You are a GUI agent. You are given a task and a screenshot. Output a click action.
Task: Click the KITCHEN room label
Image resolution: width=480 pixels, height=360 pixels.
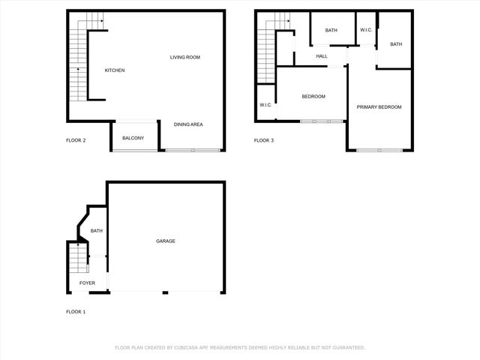point(114,70)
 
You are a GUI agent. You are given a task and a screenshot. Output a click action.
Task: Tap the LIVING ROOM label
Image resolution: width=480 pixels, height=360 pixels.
point(184,58)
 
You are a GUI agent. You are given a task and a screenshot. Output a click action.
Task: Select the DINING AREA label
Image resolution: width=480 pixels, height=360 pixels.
point(188,124)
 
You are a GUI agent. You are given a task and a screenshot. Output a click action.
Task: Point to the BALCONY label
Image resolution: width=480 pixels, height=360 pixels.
point(133,138)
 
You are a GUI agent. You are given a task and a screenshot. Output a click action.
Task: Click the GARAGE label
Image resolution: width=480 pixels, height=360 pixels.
point(166,241)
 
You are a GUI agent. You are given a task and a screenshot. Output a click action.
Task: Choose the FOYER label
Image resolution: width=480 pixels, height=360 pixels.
point(88,283)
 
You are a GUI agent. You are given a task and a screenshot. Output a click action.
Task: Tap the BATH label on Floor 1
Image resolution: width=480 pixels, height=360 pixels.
point(96,231)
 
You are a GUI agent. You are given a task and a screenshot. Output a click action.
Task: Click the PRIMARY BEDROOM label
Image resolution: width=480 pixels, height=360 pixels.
point(379,107)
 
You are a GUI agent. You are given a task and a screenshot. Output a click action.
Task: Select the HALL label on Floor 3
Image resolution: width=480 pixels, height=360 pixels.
point(322,56)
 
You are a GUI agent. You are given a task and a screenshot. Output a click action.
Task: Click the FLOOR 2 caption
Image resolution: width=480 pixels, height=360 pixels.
point(76,140)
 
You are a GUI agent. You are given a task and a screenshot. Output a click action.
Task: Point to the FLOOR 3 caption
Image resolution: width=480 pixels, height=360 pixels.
point(263,140)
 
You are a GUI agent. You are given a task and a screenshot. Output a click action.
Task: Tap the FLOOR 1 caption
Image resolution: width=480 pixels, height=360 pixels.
point(76,311)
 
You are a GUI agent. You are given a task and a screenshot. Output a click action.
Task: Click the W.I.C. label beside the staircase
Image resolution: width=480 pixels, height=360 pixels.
point(265,105)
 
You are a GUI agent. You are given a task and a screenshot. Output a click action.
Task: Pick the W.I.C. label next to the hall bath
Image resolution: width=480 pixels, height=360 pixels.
point(366,30)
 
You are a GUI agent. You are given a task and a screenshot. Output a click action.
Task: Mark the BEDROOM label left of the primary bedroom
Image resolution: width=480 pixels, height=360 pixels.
point(313,96)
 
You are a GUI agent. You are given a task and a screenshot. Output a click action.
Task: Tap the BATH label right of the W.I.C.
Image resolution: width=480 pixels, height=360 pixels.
point(396,44)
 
